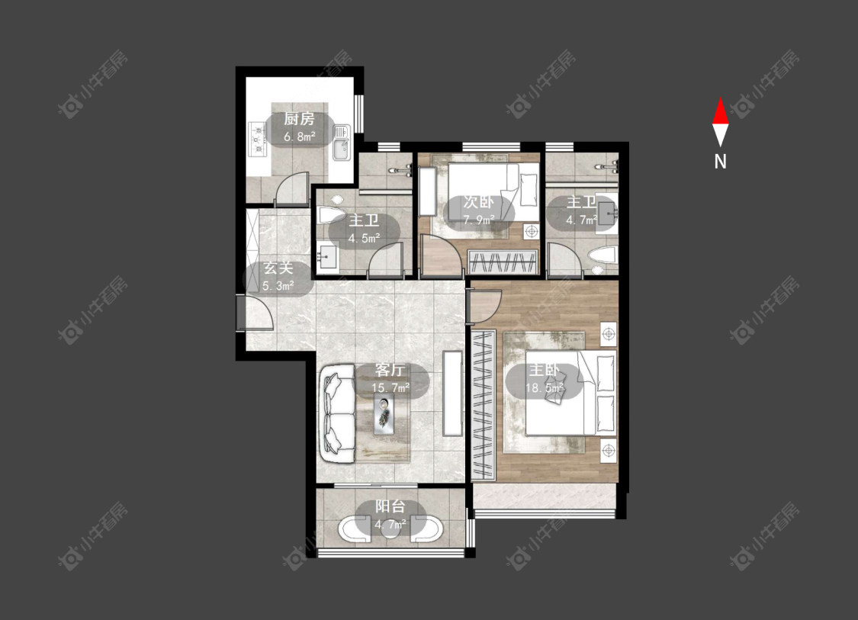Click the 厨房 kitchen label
pyautogui.click(x=299, y=119)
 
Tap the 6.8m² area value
pyautogui.click(x=299, y=137)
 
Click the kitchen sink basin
pyautogui.click(x=342, y=143)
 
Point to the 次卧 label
pyautogui.click(x=478, y=202)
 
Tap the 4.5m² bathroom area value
pyautogui.click(x=364, y=239)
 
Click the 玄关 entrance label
pyautogui.click(x=278, y=268)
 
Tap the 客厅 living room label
pyautogui.click(x=390, y=370)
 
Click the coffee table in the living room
pyautogui.click(x=387, y=416)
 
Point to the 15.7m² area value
pyautogui.click(x=390, y=388)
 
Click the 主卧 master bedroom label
pyautogui.click(x=544, y=370)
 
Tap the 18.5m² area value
pyautogui.click(x=545, y=388)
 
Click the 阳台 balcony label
pyautogui.click(x=390, y=506)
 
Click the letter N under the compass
pyautogui.click(x=721, y=162)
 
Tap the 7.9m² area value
pyautogui.click(x=479, y=220)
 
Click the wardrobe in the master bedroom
pyautogui.click(x=484, y=404)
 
